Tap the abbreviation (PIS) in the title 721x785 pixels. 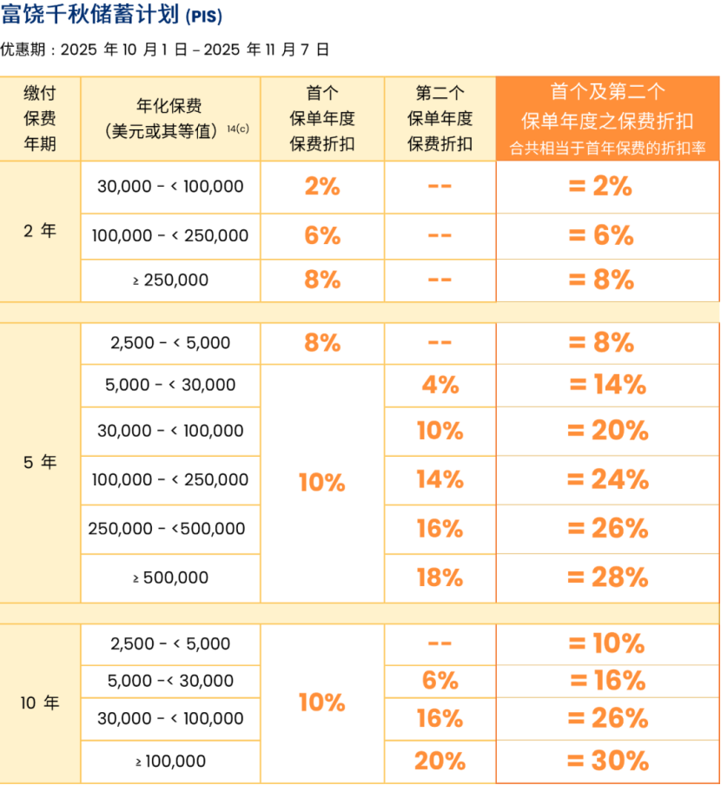[x=203, y=17]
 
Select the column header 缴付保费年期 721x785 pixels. [x=40, y=118]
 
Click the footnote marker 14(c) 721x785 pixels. [x=237, y=129]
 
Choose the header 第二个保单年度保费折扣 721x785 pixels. [x=440, y=118]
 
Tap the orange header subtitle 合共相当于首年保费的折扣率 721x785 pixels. [x=608, y=148]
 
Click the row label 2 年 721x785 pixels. [x=40, y=231]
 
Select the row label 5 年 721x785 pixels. [x=40, y=463]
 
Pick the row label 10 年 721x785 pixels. [x=40, y=703]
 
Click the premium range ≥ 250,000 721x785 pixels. [x=170, y=280]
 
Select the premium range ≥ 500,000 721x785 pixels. [x=170, y=577]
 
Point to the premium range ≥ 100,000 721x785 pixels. [x=170, y=762]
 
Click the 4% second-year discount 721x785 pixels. [x=440, y=385]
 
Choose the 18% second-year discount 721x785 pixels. [x=440, y=577]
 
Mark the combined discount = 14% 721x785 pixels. [x=607, y=385]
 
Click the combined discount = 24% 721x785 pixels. [x=607, y=479]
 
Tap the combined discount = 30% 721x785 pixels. [x=607, y=762]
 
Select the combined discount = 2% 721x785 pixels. [x=607, y=187]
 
